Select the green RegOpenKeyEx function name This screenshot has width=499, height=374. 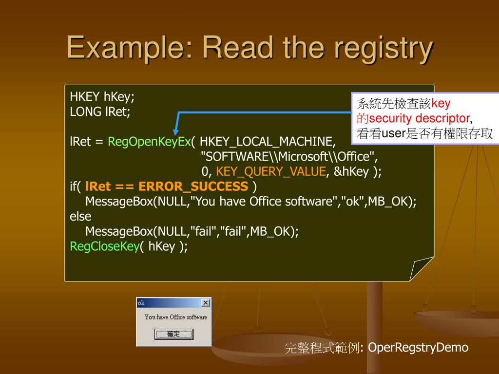(x=149, y=141)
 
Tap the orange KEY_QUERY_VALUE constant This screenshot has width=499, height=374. (x=271, y=171)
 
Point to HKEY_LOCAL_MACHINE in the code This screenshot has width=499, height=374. (x=268, y=141)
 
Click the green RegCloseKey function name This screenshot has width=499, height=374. (x=105, y=246)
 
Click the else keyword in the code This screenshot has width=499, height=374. (x=80, y=216)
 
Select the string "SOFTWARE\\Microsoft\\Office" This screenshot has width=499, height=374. (x=289, y=156)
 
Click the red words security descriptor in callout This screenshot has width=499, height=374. (x=420, y=118)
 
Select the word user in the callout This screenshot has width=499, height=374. (x=394, y=133)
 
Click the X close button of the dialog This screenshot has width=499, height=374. (x=206, y=303)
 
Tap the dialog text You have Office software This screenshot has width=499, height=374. (x=175, y=317)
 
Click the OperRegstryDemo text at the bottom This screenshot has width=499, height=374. (x=418, y=347)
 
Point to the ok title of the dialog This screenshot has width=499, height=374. (x=141, y=303)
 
